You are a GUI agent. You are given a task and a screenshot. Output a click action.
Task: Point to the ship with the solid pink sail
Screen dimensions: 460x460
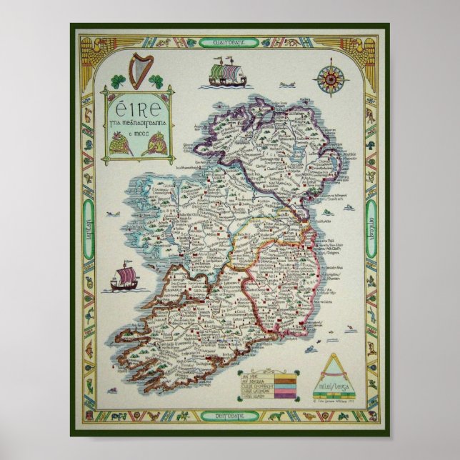[x=123, y=279]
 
